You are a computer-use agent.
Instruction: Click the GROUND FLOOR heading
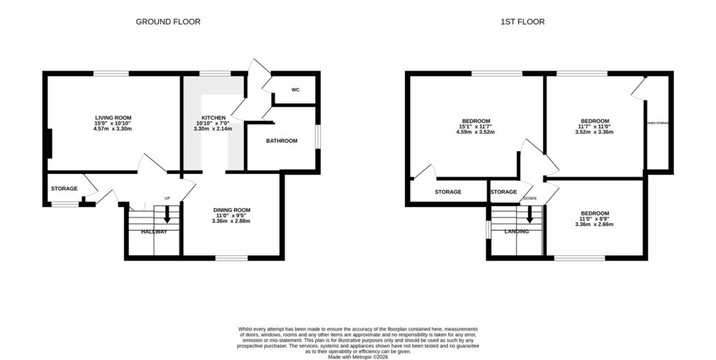tap(168, 22)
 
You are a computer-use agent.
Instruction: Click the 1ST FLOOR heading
tap(522, 22)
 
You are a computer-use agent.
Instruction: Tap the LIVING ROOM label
tap(113, 117)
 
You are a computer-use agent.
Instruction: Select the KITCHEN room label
tap(214, 117)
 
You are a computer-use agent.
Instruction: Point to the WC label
tap(295, 90)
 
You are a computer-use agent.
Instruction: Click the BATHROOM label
tap(281, 141)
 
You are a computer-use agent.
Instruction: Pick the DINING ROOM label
tap(231, 210)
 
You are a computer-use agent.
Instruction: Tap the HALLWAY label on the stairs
tap(154, 231)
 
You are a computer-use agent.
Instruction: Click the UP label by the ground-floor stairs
tap(167, 199)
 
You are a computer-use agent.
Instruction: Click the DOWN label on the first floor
tap(529, 199)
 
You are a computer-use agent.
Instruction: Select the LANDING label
tap(516, 231)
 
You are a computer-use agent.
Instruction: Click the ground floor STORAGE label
tap(64, 189)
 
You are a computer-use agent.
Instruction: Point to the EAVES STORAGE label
tap(657, 123)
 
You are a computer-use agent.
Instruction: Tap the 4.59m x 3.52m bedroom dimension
tap(475, 132)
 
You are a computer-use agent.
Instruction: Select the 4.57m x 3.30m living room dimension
tap(113, 129)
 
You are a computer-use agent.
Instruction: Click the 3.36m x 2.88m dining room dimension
tap(231, 222)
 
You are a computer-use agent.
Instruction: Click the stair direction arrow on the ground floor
tap(166, 219)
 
